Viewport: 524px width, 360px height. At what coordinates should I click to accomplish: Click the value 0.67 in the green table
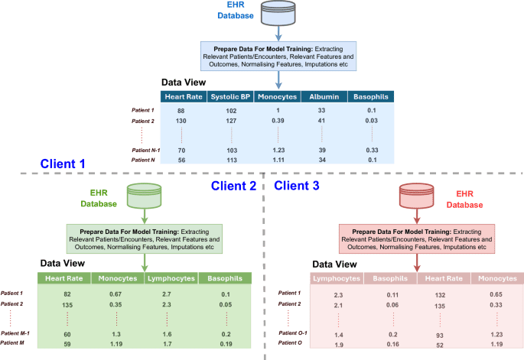tap(116, 294)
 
